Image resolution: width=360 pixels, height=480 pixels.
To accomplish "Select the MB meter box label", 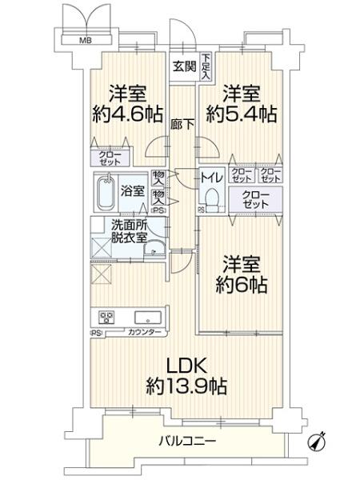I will pos(83,40).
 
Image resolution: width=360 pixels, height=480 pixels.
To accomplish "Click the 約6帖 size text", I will pos(242,285).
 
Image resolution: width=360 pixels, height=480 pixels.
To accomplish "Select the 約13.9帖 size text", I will pos(188,387).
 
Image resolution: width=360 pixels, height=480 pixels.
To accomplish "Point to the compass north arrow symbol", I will pos(322,441).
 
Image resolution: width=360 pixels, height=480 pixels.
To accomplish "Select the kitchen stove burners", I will pos(105,315).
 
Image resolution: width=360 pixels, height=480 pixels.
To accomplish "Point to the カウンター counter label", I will pos(144,332).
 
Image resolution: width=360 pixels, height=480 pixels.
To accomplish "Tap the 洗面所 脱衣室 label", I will pos(129,231).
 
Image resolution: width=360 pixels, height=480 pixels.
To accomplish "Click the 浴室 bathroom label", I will pos(132,192).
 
